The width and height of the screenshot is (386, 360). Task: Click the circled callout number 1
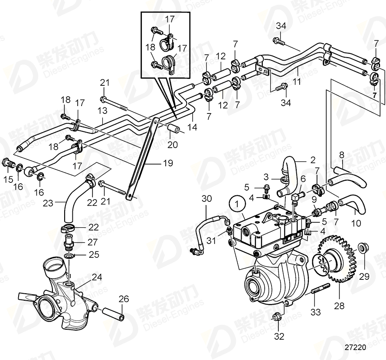[236, 204]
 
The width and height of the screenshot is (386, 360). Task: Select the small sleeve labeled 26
[116, 313]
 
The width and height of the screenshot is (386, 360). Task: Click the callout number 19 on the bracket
[168, 163]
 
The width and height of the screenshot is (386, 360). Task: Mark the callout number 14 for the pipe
[192, 127]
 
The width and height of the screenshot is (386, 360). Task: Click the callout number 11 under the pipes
[297, 81]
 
